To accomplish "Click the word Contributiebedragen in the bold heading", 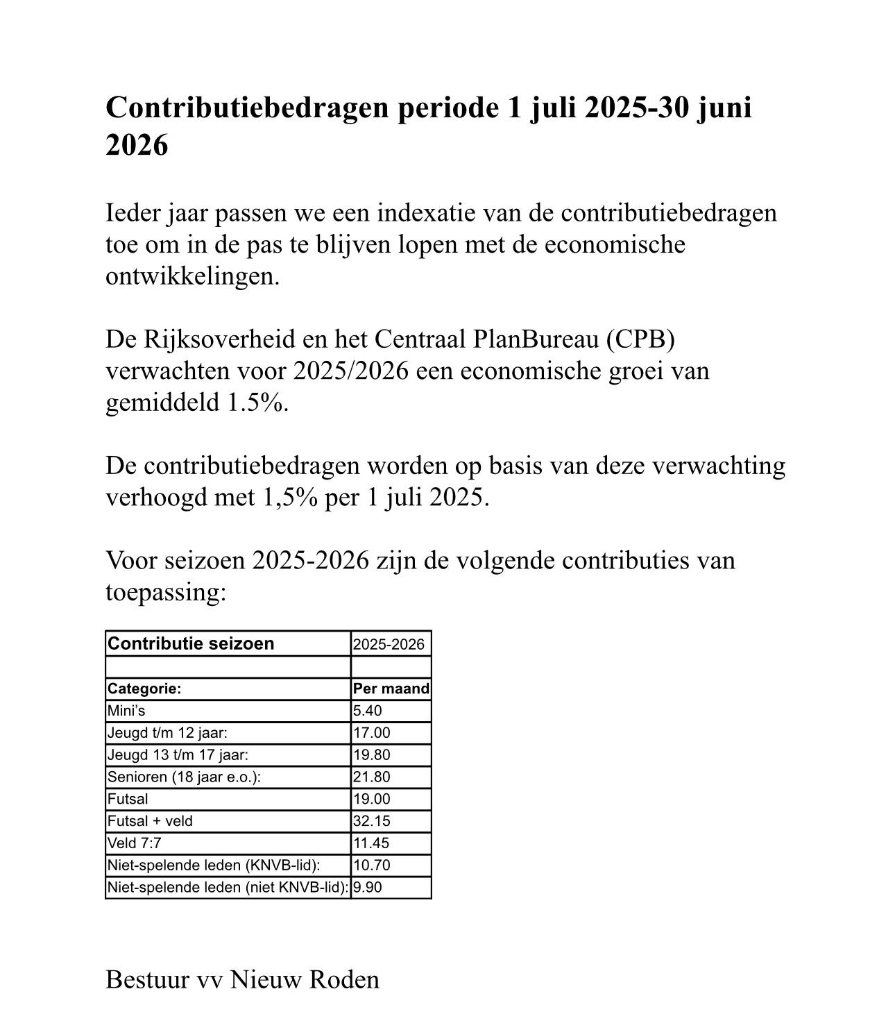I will click(246, 108).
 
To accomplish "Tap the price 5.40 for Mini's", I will click(367, 711).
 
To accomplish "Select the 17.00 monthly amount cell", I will click(372, 733).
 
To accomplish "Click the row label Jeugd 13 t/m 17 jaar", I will click(178, 755).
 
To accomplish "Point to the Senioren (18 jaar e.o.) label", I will click(184, 777).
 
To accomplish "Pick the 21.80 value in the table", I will click(372, 777).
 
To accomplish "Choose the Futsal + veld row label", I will click(150, 821).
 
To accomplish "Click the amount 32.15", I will click(372, 821).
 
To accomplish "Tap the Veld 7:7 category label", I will click(135, 843).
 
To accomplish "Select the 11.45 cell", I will click(372, 843).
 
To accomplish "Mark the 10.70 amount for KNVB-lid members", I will click(372, 866).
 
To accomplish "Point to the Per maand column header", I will click(391, 689).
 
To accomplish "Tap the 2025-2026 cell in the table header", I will click(389, 645).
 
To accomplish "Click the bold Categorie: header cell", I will click(144, 689).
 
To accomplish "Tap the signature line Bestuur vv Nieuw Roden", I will click(242, 979).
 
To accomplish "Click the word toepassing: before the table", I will click(166, 593).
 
